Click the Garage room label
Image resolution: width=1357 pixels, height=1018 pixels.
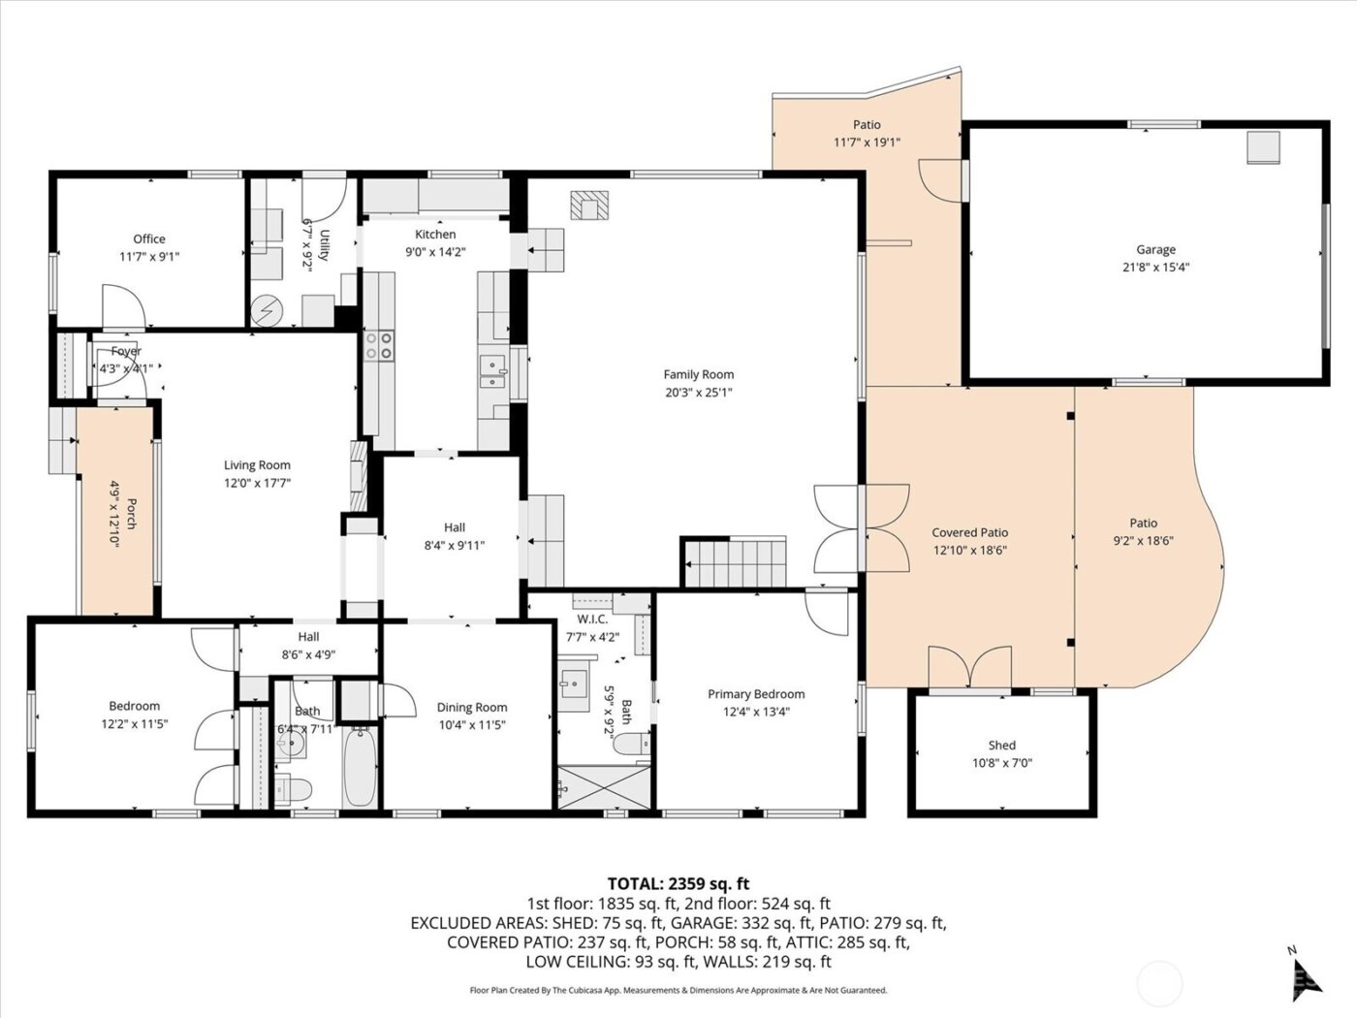[x=1155, y=249]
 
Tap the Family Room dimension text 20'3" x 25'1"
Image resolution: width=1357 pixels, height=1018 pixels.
[x=698, y=393]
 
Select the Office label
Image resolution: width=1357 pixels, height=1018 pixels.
[x=149, y=239]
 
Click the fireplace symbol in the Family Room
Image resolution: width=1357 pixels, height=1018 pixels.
[x=589, y=205]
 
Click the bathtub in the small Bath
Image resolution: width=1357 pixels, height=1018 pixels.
[x=359, y=769]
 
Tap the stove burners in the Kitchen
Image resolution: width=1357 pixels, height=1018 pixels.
[x=379, y=346]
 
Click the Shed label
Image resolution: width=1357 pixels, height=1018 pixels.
[x=1001, y=745]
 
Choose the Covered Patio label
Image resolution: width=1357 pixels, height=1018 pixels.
[x=969, y=532]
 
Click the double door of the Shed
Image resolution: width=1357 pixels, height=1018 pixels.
[x=969, y=667]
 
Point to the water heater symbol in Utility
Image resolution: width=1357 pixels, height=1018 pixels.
[x=265, y=311]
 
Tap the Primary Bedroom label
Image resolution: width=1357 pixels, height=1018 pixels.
[x=756, y=693]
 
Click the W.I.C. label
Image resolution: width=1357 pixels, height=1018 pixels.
[x=591, y=619]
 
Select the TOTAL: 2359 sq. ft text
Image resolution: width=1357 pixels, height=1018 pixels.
[x=678, y=883]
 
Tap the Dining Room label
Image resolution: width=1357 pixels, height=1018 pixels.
[x=471, y=707]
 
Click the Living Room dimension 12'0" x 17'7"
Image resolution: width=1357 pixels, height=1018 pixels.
[x=257, y=482]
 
